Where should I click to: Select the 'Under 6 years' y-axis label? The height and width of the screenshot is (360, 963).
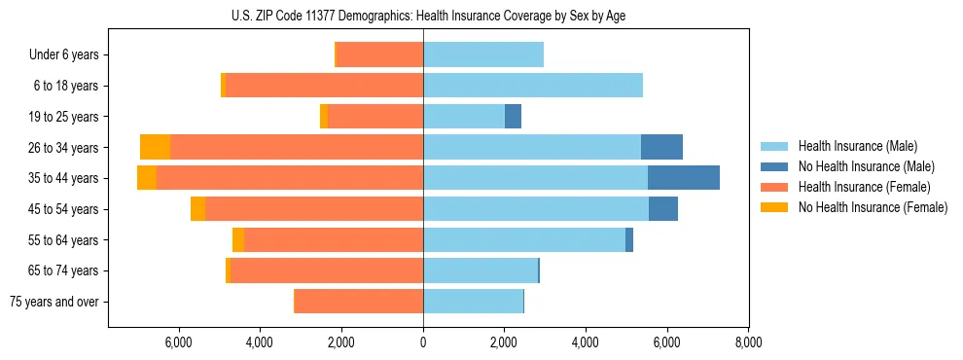click(69, 55)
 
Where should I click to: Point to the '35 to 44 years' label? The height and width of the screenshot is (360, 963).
click(63, 178)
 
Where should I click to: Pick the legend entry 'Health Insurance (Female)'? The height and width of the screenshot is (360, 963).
click(857, 187)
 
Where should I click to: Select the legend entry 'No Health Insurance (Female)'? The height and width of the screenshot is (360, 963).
click(865, 207)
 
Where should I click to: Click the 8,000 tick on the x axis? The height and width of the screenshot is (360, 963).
click(747, 342)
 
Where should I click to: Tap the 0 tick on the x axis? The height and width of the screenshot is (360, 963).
click(423, 342)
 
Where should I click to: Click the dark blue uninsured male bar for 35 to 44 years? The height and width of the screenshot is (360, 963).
click(683, 178)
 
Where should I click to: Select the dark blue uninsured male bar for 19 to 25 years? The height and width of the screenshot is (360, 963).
click(513, 117)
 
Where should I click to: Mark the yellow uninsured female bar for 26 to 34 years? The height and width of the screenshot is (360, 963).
click(155, 147)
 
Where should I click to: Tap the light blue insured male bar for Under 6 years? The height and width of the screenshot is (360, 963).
click(482, 55)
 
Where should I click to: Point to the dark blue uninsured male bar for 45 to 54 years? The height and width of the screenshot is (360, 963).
click(662, 209)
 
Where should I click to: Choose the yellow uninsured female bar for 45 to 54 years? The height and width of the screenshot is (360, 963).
click(197, 209)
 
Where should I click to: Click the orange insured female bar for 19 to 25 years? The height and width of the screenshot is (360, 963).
click(375, 117)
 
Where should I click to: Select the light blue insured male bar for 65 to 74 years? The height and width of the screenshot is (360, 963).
click(481, 270)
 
